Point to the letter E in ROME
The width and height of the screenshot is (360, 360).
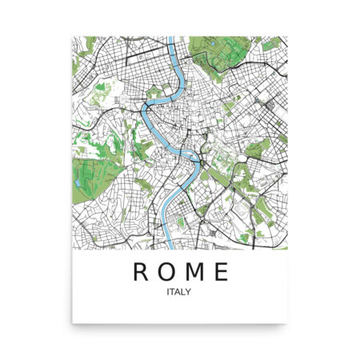click(x=220, y=272)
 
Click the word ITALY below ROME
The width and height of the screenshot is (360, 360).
click(x=179, y=292)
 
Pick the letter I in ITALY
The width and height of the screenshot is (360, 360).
click(x=168, y=292)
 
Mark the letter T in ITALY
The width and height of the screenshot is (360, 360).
click(x=173, y=292)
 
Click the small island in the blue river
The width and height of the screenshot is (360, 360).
click(x=185, y=152)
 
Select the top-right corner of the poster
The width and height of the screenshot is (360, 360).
click(x=288, y=36)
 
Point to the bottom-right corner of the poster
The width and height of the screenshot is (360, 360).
click(x=288, y=323)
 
